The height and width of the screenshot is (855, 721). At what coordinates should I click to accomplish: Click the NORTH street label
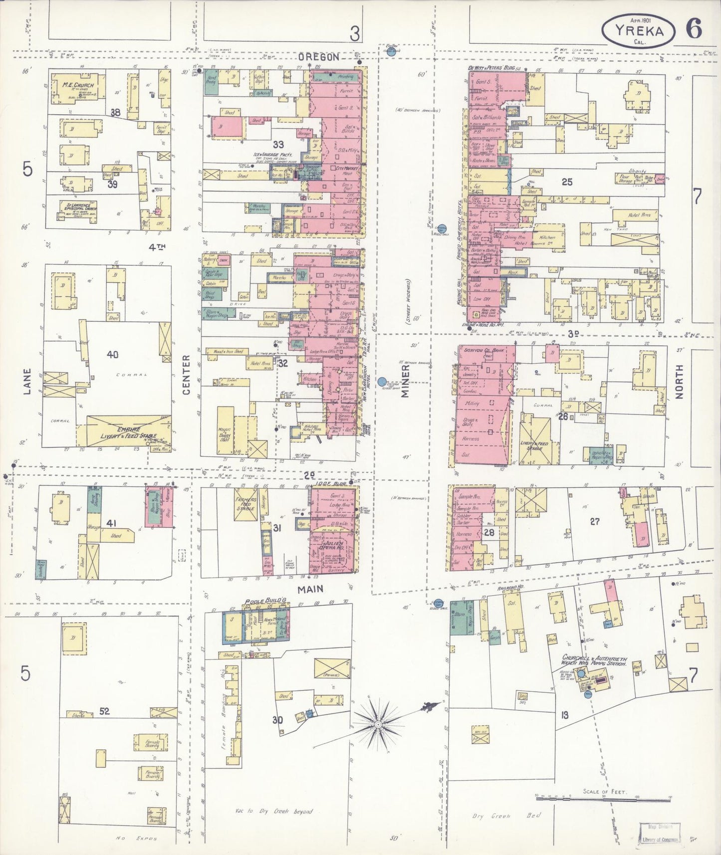[x=679, y=381]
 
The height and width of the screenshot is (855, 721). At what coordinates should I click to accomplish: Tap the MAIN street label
[x=310, y=589]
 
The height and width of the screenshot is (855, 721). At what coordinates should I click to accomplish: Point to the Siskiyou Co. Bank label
[x=484, y=350]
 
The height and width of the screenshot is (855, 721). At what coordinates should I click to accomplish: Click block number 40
[x=112, y=355]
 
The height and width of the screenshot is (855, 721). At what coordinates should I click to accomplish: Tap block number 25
[x=567, y=182]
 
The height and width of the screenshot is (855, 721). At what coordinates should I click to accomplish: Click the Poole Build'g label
[x=257, y=602]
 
